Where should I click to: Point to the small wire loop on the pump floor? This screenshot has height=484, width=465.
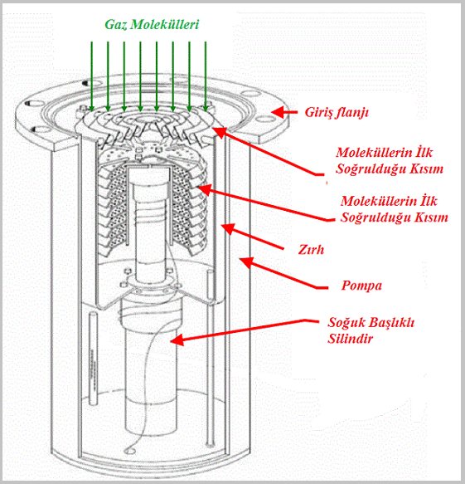tap(128, 450)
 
